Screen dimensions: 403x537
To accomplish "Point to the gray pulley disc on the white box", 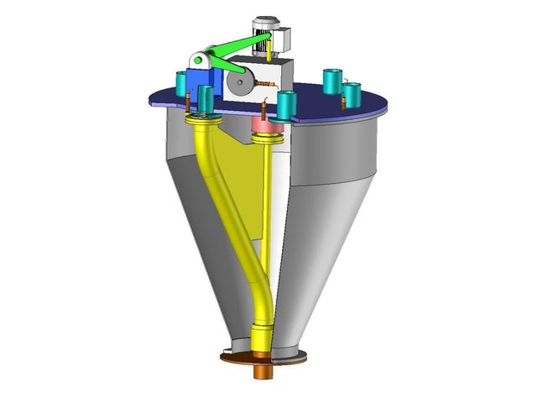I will pos(242,83).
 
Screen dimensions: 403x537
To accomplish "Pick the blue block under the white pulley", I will pos(203,81).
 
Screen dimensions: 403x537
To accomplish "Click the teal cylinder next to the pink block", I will pos(287,106).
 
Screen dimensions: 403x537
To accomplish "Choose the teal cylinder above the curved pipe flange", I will pos(206,99).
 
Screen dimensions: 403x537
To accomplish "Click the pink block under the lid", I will pos(265,124).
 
